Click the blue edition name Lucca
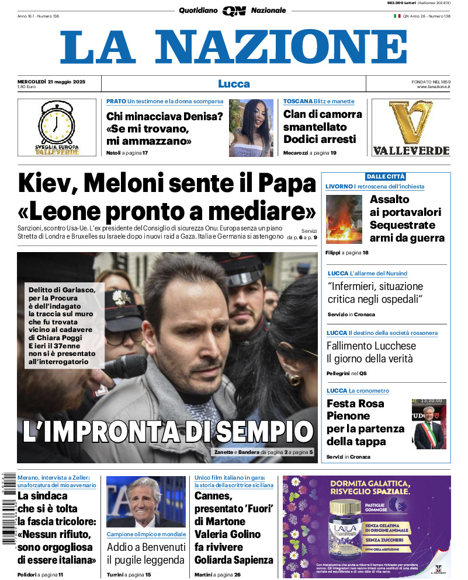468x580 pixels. tap(234, 83)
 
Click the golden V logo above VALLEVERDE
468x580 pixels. tap(411, 123)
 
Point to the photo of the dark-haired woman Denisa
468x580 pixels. tap(251, 128)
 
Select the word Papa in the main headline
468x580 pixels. tap(286, 184)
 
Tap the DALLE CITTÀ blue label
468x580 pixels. tap(386, 176)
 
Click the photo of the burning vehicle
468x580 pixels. tap(344, 219)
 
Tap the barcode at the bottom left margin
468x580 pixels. tap(8, 508)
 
